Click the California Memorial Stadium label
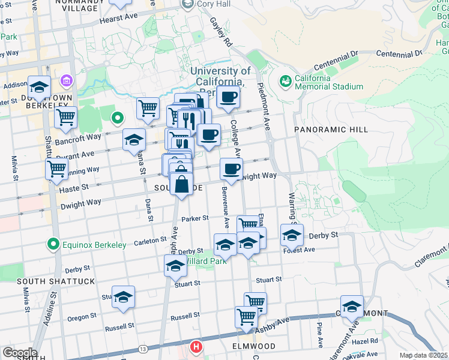tap(328, 82)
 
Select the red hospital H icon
tap(196, 347)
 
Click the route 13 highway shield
tap(142, 349)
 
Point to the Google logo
tap(20, 352)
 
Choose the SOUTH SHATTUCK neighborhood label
tap(47, 281)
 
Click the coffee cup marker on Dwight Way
tap(231, 169)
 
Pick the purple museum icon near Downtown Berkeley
tap(65, 80)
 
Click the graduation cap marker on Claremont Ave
tap(352, 305)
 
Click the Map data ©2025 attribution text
tap(423, 355)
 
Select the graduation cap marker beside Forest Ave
tap(292, 235)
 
